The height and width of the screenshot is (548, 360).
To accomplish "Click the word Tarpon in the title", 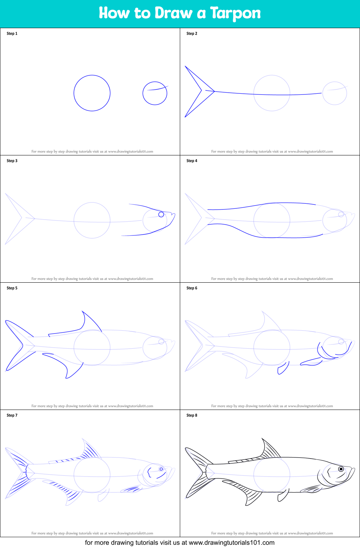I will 235,13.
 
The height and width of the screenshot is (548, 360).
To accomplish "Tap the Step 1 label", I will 12,34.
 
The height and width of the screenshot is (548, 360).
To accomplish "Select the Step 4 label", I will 192,161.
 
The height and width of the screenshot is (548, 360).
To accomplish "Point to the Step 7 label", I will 12,415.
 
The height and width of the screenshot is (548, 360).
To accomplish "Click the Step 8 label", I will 192,415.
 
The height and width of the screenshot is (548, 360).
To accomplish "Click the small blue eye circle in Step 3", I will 161,215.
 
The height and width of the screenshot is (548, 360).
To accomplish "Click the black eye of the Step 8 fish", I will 341,469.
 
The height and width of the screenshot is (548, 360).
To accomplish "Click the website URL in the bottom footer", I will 231,543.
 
